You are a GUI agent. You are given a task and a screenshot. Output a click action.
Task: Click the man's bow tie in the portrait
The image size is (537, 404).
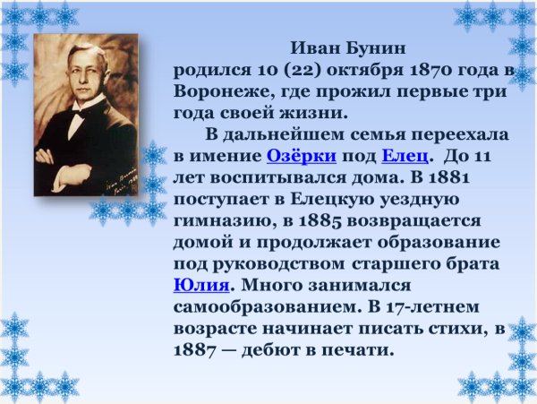[x=79, y=114]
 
